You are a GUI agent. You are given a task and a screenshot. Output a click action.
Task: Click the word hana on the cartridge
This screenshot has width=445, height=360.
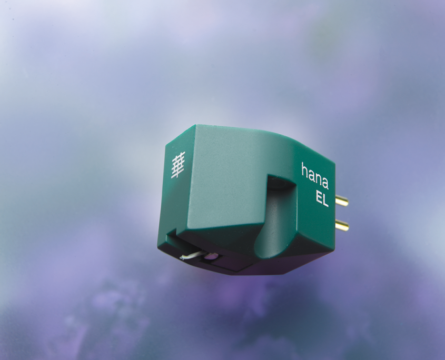click(x=315, y=176)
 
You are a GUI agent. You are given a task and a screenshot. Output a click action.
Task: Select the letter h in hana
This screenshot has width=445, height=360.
click(x=304, y=169)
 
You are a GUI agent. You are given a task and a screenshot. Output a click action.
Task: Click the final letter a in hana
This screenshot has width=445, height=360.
click(x=325, y=183)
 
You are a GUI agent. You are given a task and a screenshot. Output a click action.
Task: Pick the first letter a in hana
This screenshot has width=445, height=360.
click(x=312, y=174)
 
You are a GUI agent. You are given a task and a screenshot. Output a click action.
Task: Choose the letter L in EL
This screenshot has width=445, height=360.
click(x=326, y=201)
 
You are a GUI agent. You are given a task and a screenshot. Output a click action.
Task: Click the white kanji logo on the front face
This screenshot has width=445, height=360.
click(x=178, y=165)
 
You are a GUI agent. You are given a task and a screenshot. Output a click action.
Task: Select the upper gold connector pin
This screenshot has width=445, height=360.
click(x=342, y=201)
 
